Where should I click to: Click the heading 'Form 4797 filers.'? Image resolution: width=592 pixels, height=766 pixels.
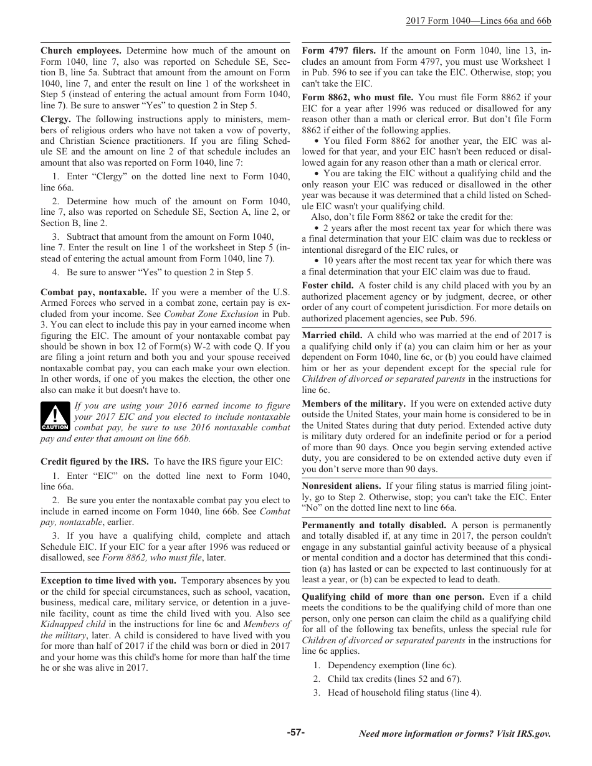(338, 50)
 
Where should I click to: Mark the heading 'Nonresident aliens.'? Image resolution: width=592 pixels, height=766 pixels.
(341, 486)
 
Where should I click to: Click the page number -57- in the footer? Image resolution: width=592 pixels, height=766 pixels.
(296, 732)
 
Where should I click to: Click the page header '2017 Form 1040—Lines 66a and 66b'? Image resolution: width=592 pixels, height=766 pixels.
(478, 21)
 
